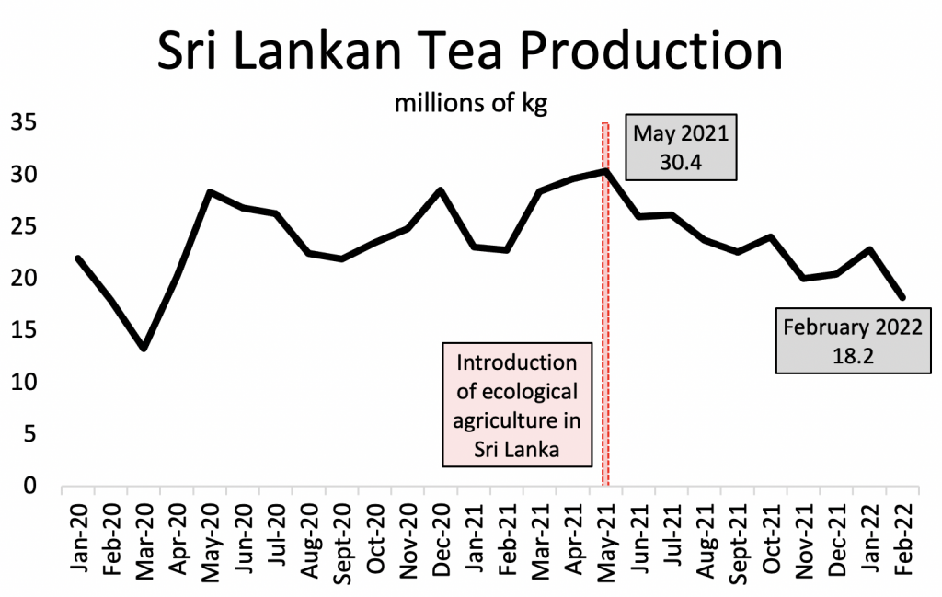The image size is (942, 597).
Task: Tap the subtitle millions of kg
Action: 470,102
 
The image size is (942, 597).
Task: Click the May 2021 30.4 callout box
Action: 680,147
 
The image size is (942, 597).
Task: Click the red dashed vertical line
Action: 605,304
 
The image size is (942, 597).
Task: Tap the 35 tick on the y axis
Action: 22,122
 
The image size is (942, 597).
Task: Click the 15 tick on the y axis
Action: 22,330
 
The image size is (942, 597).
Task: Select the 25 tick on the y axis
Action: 22,226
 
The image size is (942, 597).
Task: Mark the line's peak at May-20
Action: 210,191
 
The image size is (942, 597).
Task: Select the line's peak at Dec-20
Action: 440,189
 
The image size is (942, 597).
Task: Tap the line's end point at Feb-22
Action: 902,297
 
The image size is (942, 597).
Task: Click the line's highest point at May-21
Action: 604,171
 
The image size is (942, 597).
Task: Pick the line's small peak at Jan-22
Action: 869,249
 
